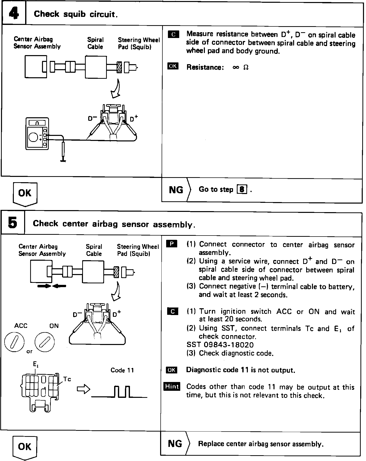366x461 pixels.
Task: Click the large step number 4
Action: click(14, 13)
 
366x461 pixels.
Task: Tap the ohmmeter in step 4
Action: click(37, 134)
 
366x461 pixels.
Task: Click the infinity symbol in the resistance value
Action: click(236, 67)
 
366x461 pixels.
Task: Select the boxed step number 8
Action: click(242, 189)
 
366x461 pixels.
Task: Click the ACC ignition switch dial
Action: click(15, 343)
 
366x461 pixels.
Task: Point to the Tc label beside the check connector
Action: click(67, 379)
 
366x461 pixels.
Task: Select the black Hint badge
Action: click(172, 386)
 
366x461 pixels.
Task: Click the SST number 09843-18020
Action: click(220, 345)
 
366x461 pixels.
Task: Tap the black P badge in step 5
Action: click(172, 244)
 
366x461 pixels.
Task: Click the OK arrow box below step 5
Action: click(25, 447)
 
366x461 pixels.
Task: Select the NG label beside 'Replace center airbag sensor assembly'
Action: click(175, 444)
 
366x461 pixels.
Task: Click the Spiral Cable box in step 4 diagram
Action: click(96, 67)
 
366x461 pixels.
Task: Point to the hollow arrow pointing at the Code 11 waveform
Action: click(83, 389)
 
